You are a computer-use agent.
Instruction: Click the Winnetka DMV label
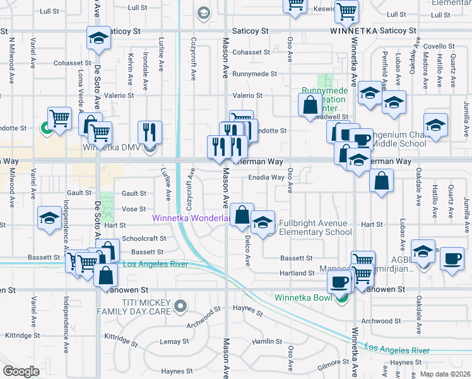(110, 148)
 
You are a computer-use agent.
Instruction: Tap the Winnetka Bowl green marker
(342, 298)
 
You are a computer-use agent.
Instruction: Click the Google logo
(21, 371)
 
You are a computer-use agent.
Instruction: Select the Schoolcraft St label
(144, 239)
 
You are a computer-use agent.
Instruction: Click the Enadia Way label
(266, 177)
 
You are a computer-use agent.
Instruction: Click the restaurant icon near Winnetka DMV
(150, 131)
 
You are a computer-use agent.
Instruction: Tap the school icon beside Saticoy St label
(98, 39)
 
